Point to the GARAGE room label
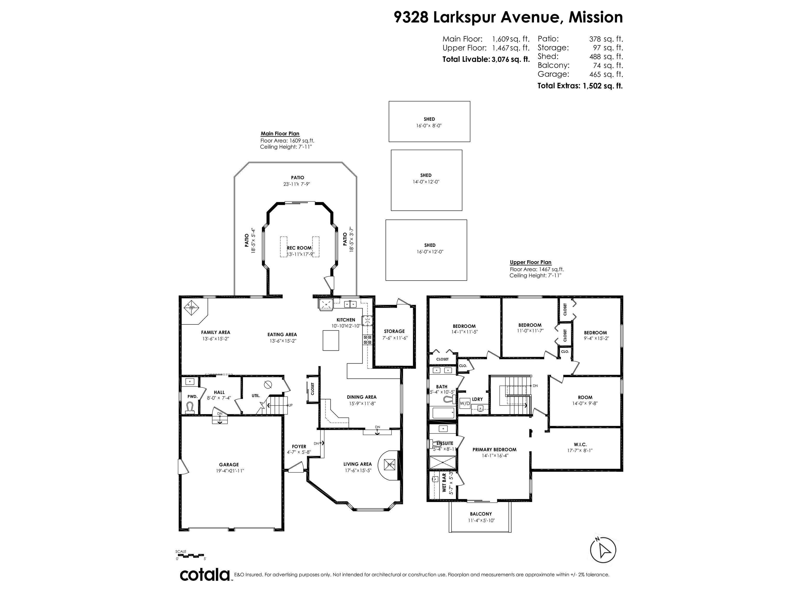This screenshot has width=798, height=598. point(229,465)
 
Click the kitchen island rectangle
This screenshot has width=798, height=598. point(330,341)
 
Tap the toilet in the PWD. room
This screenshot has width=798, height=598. point(190,408)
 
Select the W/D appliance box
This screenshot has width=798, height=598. point(465,403)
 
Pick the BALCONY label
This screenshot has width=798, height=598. point(481,514)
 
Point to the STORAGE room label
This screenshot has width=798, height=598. point(394,331)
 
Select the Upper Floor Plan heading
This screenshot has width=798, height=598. point(530,262)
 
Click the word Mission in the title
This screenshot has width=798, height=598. point(595,17)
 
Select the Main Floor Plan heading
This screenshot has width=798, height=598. point(280,134)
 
